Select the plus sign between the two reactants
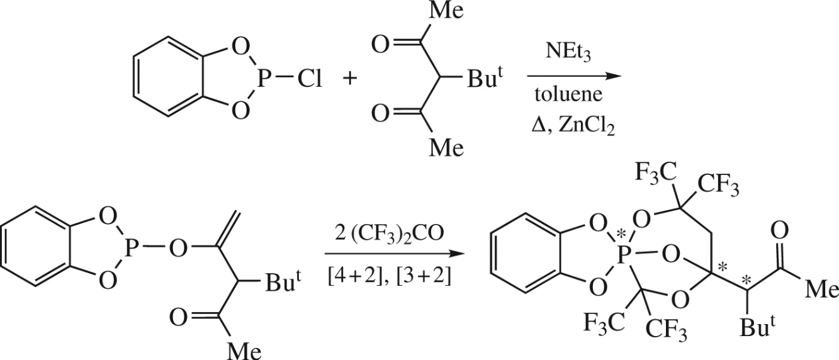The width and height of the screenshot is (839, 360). click(x=350, y=80)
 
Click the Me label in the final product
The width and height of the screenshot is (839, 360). click(x=821, y=290)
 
